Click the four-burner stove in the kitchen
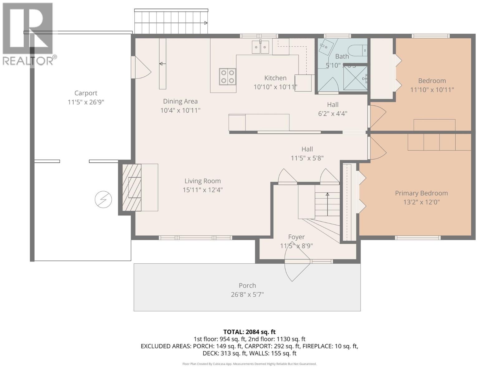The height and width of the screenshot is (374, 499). (227, 77)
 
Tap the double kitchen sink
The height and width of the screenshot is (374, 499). (260, 47)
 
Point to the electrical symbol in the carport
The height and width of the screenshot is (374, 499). (103, 199)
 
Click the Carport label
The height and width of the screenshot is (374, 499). (86, 93)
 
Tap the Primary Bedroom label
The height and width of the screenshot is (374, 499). (421, 193)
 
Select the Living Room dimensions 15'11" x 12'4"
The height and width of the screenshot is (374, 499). (203, 190)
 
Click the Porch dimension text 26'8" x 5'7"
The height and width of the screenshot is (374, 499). (247, 294)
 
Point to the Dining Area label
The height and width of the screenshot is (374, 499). (180, 101)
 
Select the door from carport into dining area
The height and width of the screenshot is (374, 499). (142, 71)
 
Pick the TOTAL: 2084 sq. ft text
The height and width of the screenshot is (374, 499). (249, 332)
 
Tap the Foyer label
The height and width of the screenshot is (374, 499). (296, 237)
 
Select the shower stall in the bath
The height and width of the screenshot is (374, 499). (355, 78)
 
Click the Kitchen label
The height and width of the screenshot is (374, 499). (275, 78)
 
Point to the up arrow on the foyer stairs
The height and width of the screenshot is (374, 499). (327, 194)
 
